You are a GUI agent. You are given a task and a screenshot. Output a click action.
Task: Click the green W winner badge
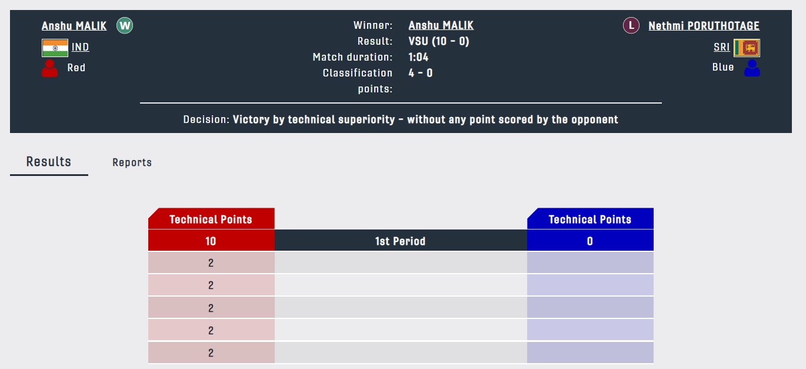pyautogui.click(x=125, y=25)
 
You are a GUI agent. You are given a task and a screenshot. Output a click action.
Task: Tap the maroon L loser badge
pyautogui.click(x=631, y=25)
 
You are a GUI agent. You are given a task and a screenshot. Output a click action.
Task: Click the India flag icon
pyautogui.click(x=55, y=48)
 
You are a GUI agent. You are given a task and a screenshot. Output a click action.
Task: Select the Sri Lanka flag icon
pyautogui.click(x=747, y=48)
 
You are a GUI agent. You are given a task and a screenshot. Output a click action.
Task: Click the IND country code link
pyautogui.click(x=80, y=47)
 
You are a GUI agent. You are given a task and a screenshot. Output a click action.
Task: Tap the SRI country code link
pyautogui.click(x=722, y=47)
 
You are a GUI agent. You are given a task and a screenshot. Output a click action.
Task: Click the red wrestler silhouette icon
pyautogui.click(x=49, y=68)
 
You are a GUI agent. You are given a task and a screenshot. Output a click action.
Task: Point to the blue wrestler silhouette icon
pyautogui.click(x=752, y=68)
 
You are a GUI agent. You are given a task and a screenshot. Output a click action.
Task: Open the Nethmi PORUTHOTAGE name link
pyautogui.click(x=704, y=26)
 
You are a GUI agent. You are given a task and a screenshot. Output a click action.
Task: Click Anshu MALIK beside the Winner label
pyautogui.click(x=441, y=25)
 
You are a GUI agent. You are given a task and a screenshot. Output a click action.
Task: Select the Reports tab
pyautogui.click(x=132, y=162)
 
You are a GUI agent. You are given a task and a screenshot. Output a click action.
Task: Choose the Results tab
pyautogui.click(x=49, y=162)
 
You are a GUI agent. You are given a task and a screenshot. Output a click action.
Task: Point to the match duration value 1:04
pyautogui.click(x=418, y=57)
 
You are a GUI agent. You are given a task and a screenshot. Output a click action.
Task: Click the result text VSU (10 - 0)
pyautogui.click(x=439, y=41)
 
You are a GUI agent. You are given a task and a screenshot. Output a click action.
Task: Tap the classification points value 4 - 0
pyautogui.click(x=421, y=73)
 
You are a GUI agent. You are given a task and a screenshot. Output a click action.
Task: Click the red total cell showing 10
pyautogui.click(x=211, y=241)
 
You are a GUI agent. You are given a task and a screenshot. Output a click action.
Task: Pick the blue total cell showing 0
pyautogui.click(x=590, y=241)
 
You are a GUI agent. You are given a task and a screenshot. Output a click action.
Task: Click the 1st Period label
pyautogui.click(x=400, y=241)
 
